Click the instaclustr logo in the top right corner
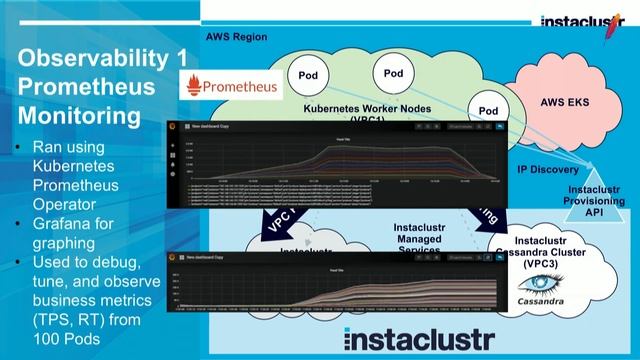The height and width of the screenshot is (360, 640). (584, 21)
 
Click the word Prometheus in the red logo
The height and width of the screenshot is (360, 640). (241, 86)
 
